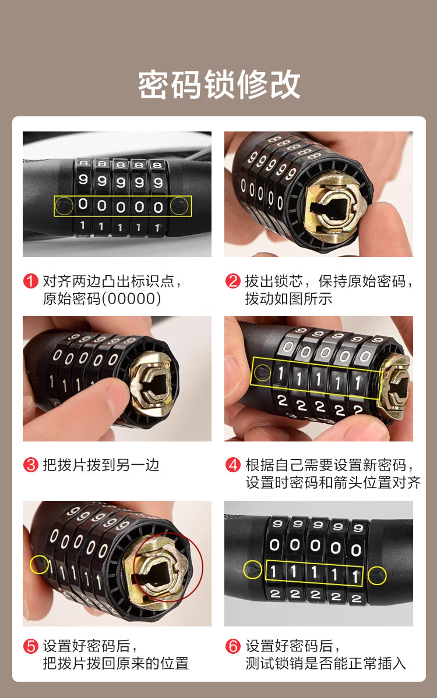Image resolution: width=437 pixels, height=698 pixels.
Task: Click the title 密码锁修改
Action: click(219, 84)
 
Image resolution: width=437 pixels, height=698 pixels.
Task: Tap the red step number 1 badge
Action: click(30, 281)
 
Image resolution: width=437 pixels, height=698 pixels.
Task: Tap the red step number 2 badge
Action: click(233, 281)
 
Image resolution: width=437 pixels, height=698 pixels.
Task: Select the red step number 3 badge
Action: click(30, 465)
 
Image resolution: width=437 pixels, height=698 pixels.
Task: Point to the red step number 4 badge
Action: click(233, 465)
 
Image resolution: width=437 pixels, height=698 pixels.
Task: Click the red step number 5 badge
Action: click(30, 646)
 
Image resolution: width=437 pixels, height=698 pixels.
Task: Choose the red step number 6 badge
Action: click(233, 646)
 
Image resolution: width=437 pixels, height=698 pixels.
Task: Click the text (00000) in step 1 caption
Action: click(132, 298)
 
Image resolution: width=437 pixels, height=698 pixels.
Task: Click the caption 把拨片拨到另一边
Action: click(101, 465)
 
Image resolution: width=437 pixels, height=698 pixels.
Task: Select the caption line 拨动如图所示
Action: click(289, 298)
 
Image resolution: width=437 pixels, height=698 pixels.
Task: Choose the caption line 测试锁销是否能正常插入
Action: click(326, 663)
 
